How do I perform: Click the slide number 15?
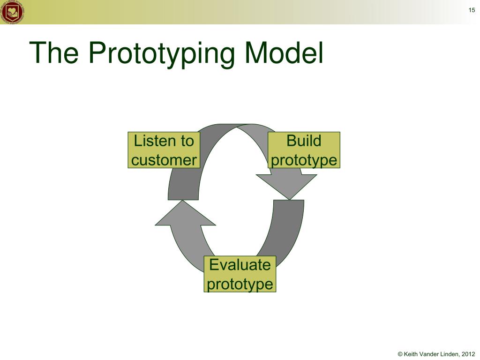point(472,10)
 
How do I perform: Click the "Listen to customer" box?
point(164,150)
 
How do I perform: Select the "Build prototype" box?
point(304,150)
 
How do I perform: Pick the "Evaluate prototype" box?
point(240,274)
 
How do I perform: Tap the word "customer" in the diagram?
point(164,160)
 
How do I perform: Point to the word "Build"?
point(304,141)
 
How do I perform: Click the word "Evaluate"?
point(240,265)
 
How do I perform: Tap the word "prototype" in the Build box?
point(304,160)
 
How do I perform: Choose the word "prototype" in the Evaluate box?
point(240,284)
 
